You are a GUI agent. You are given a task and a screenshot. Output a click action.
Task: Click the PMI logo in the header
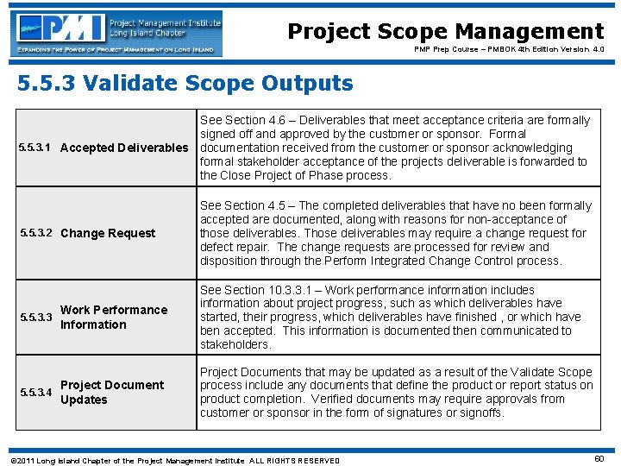click(117, 34)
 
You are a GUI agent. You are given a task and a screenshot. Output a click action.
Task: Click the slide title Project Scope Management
click(445, 32)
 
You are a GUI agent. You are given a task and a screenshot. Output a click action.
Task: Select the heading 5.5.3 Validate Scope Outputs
click(185, 84)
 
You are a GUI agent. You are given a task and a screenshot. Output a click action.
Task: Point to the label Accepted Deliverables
click(124, 148)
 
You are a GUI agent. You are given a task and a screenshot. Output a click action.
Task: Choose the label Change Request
click(108, 233)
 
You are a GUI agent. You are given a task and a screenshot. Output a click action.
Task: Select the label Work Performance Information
click(113, 317)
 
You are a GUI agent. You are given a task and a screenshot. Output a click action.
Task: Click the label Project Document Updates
click(111, 392)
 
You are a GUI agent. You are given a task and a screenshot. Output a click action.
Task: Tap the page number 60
click(599, 459)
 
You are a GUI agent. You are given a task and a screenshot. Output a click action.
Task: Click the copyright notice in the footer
click(173, 460)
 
